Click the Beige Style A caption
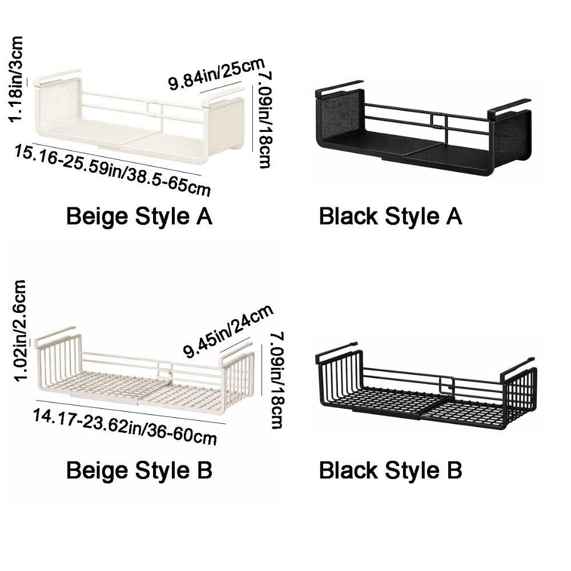pyautogui.click(x=139, y=216)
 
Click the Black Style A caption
pyautogui.click(x=391, y=216)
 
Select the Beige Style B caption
pyautogui.click(x=139, y=470)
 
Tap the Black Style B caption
pyautogui.click(x=391, y=470)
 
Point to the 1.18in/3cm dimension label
pyautogui.click(x=17, y=79)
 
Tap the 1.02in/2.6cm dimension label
pyautogui.click(x=19, y=331)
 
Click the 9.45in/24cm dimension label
pyautogui.click(x=228, y=331)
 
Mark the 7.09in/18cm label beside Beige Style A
pyautogui.click(x=264, y=120)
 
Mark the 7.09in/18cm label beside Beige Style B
pyautogui.click(x=278, y=380)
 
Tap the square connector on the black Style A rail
pyautogui.click(x=439, y=121)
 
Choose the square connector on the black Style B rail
pyautogui.click(x=447, y=384)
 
